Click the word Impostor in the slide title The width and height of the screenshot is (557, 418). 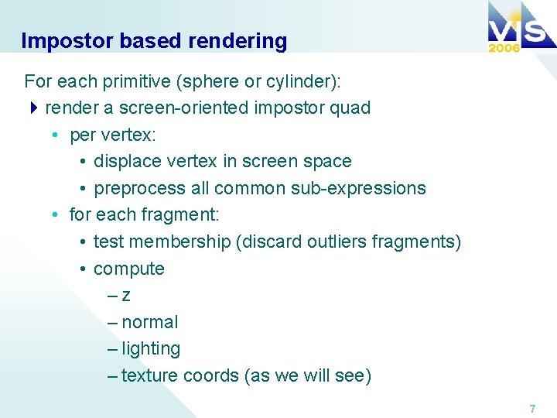[59, 41]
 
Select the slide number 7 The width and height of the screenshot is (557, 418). [532, 408]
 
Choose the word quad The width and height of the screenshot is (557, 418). [351, 108]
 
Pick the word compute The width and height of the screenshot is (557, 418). [129, 269]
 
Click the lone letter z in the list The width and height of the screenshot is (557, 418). [126, 296]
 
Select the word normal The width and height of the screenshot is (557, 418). [150, 322]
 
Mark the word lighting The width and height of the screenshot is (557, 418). [151, 349]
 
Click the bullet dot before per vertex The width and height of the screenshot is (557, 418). [56, 135]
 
